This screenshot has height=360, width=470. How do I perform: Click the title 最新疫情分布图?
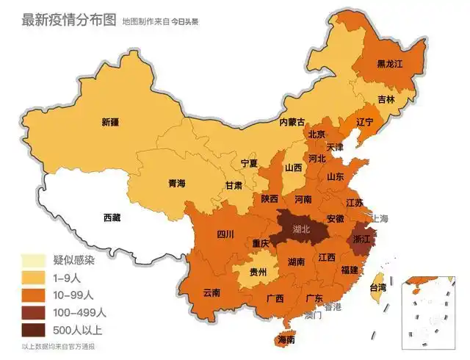pos(69,20)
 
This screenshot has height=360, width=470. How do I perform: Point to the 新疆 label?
pos(111,122)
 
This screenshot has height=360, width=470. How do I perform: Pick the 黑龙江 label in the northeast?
pos(390,63)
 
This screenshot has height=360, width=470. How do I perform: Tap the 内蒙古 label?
pos(292,122)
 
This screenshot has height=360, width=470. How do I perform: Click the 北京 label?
pos(317,134)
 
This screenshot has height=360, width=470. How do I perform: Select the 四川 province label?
pos(225,234)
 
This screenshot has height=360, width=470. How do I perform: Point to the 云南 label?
pos(211,292)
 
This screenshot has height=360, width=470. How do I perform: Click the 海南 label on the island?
pos(286,340)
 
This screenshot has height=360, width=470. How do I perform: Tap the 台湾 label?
pos(377,287)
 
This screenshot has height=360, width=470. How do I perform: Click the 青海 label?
pos(176,183)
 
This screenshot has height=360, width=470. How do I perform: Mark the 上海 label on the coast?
pos(380,218)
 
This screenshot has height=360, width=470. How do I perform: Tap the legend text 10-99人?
pos(73,295)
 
